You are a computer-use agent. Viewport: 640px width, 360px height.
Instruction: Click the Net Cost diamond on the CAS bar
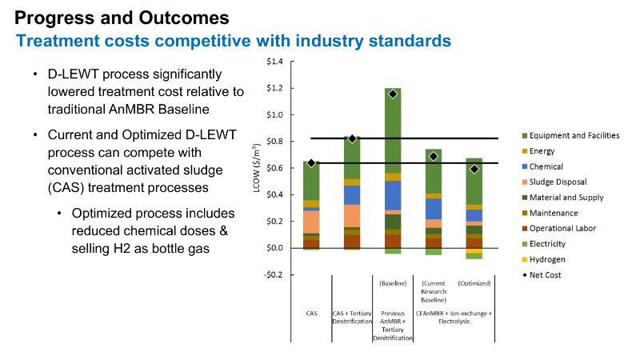click(311, 163)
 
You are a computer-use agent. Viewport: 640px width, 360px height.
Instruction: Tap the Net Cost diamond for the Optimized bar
click(474, 169)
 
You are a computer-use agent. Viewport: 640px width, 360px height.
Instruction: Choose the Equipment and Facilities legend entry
click(574, 136)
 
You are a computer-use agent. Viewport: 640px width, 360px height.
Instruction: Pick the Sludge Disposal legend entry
click(562, 182)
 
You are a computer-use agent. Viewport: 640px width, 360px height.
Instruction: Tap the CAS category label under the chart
click(312, 314)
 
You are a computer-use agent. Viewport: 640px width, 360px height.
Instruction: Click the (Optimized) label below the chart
click(474, 283)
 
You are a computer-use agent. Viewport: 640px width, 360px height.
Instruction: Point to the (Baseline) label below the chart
click(393, 283)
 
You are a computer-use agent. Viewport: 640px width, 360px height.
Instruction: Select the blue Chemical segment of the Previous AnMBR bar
click(393, 195)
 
